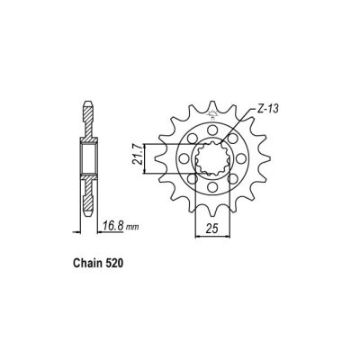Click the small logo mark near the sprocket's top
point(213,115)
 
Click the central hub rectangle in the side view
point(90,160)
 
